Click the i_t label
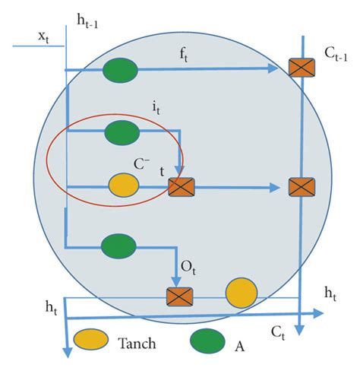(x=156, y=111)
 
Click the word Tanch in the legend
(x=137, y=344)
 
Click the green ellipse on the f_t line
(x=120, y=70)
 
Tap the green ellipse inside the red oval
(x=122, y=132)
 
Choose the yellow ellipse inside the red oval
(x=123, y=185)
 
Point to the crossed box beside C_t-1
(x=302, y=68)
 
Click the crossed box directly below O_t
(x=179, y=295)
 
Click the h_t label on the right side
(x=331, y=292)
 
